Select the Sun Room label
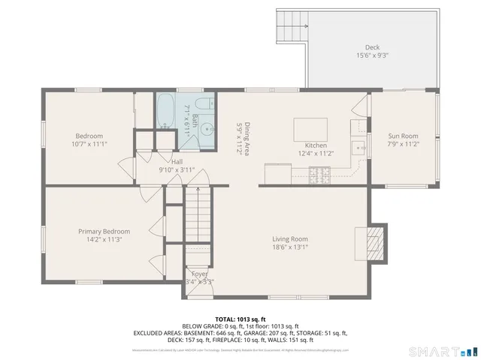[x=403, y=136]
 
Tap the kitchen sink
[x=358, y=144]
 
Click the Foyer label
[x=199, y=274]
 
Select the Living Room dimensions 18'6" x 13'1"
[x=290, y=247]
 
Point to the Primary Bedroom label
[x=104, y=232]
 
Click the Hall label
[x=177, y=161]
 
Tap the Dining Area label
[x=241, y=138]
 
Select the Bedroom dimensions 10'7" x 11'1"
[x=89, y=144]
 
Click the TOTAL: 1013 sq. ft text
[x=240, y=318]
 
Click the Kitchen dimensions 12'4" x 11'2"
[x=315, y=152]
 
